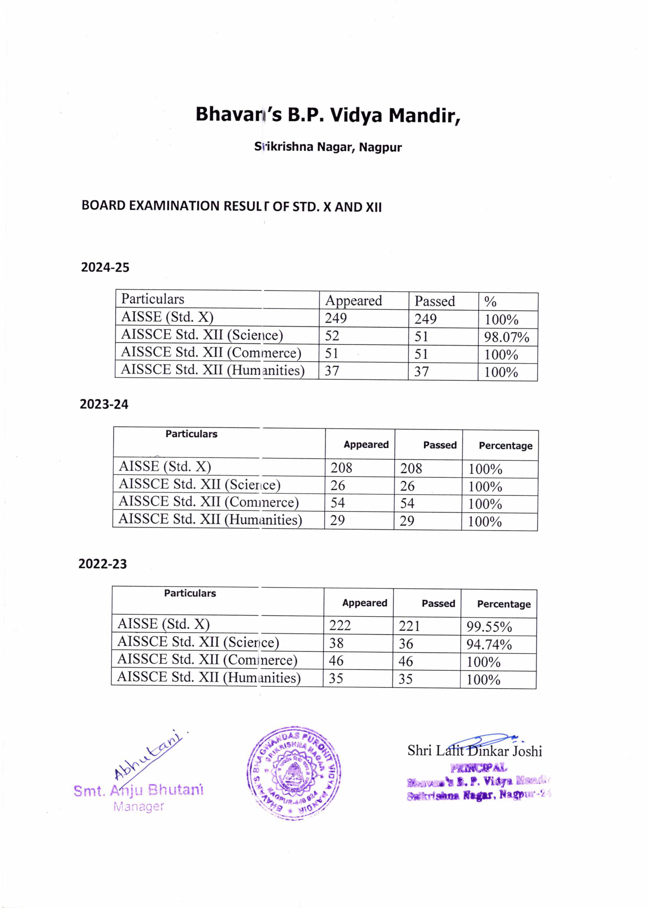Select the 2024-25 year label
(105, 267)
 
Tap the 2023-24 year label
(104, 404)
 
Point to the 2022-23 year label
(102, 564)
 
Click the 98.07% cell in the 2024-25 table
(506, 337)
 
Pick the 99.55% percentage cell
(489, 627)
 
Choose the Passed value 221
(409, 626)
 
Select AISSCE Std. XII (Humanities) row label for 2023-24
(210, 519)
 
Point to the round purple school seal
(293, 773)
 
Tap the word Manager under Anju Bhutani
(138, 807)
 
